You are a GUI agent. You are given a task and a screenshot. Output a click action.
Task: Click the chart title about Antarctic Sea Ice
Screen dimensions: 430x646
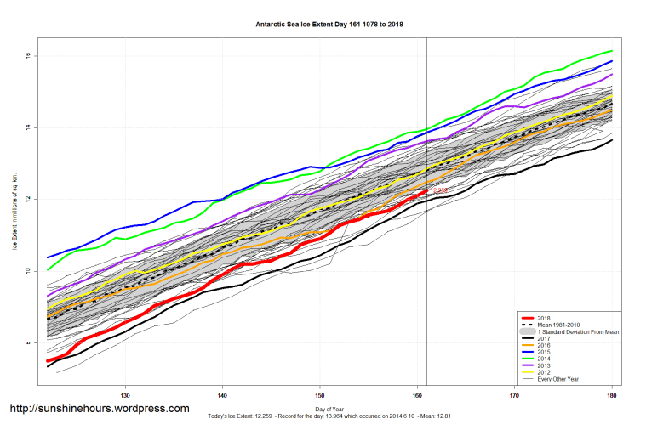(329, 24)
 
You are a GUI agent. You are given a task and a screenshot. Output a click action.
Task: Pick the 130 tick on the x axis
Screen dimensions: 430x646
(125, 395)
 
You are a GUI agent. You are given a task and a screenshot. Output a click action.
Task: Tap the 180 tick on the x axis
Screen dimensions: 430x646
(612, 395)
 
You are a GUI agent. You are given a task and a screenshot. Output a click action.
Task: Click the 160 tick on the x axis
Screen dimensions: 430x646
(417, 395)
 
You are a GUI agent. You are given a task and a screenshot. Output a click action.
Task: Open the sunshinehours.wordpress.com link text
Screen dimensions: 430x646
(99, 409)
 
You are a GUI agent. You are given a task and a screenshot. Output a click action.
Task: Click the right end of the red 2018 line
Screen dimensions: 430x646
(426, 191)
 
